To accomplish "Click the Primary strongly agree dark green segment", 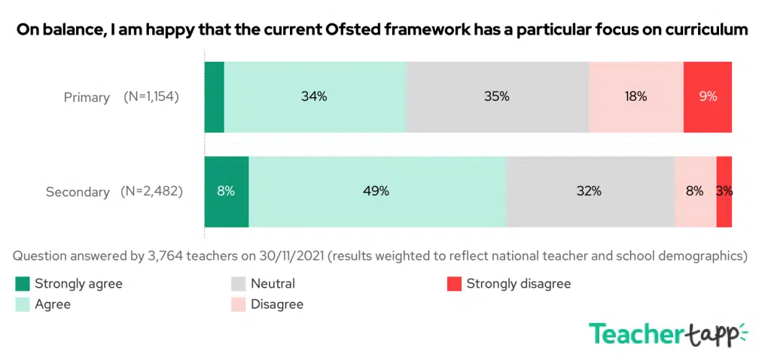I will [214, 96].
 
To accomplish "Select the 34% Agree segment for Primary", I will [315, 96].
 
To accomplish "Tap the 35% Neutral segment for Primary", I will [497, 96].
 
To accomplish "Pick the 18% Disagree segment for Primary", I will [635, 96].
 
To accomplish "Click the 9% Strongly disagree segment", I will [707, 96].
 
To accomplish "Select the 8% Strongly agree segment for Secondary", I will [226, 191].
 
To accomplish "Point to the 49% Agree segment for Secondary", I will [377, 191].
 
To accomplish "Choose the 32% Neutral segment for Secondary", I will [590, 191].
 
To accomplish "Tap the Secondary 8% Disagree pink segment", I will [694, 191].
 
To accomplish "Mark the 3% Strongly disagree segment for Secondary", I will [724, 191].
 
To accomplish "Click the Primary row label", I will [87, 97].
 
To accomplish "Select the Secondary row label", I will [78, 192].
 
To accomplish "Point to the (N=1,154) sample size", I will [151, 96].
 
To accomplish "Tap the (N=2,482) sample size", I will [151, 191].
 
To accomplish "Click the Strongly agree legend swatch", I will [22, 284].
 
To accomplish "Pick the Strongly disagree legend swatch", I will [453, 284].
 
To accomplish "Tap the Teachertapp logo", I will [667, 334].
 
